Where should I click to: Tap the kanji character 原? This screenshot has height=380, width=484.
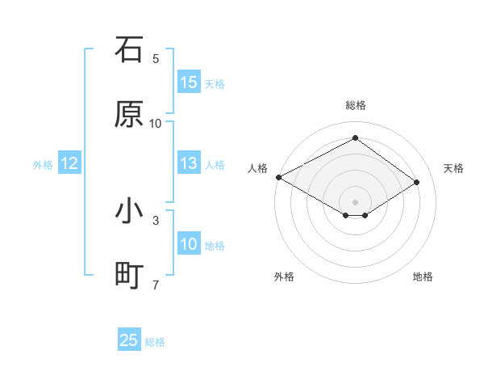point(129,114)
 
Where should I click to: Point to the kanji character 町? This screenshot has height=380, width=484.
point(129,276)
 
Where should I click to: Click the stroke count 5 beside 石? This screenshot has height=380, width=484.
point(156,59)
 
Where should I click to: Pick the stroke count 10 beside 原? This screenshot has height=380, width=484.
point(156,124)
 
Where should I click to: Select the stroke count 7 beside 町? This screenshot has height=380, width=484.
point(156,285)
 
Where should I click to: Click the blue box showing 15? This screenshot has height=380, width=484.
point(189,82)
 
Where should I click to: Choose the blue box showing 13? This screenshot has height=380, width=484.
point(189,164)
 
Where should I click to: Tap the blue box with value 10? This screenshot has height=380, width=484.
point(189,245)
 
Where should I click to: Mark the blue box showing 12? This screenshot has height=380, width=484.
point(69,164)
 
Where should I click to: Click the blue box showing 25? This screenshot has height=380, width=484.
point(129,341)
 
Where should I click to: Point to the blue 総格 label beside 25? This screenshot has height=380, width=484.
point(155,342)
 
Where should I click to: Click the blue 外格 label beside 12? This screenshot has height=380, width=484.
point(43,165)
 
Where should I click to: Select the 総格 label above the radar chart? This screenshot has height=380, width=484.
point(355,105)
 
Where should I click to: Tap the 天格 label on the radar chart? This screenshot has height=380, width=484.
point(453,168)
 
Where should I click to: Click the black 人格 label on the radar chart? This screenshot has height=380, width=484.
point(258,168)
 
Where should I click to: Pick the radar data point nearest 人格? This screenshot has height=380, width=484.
point(278,177)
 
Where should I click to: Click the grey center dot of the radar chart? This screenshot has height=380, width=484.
point(355,201)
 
